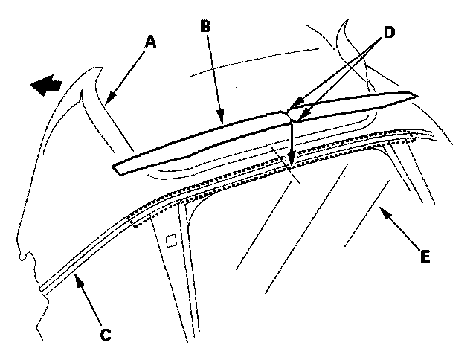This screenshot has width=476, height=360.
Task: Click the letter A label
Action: (x=151, y=42)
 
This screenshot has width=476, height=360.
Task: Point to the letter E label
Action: (x=424, y=256)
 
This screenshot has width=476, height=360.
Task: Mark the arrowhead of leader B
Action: (x=221, y=119)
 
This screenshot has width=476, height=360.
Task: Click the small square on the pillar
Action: (x=171, y=240)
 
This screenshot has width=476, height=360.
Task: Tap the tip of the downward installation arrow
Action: (x=292, y=164)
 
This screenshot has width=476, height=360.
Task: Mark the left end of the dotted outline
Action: (x=132, y=220)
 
